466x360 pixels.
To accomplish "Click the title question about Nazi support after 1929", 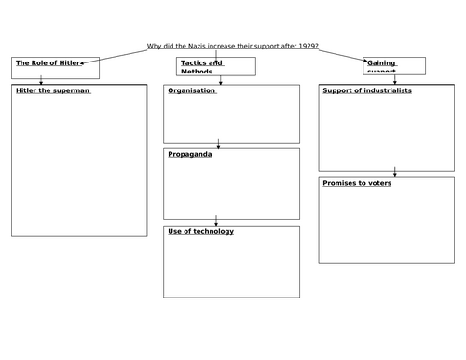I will click(233, 48).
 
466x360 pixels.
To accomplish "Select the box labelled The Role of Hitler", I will click(55, 67).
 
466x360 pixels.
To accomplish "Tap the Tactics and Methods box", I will click(215, 65).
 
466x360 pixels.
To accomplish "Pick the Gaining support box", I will click(394, 65).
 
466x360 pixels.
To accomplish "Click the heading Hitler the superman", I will click(53, 91).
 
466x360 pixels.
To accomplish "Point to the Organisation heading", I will click(192, 91).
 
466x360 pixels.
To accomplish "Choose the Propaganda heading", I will click(190, 154).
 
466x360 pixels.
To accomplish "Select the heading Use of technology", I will click(200, 231).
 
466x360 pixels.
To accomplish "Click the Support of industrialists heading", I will click(367, 91).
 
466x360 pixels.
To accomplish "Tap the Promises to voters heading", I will click(357, 183).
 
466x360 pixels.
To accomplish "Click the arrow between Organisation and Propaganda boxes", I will click(219, 144).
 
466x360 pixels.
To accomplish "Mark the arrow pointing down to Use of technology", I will click(216, 221).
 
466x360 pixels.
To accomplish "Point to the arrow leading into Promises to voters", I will click(395, 172).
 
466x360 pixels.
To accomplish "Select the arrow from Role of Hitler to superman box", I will click(41, 80).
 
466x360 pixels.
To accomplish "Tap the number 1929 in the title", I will click(306, 48).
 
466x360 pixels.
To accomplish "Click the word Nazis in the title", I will click(194, 48).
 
